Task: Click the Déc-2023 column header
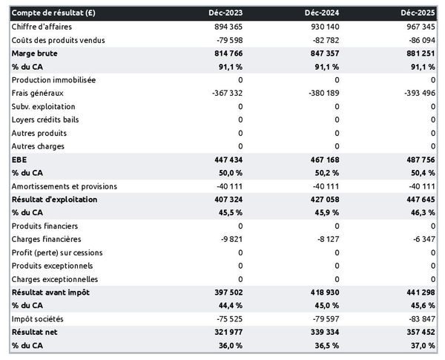226,13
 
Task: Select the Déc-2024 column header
323,13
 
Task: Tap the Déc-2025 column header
420,13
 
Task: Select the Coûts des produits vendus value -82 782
323,40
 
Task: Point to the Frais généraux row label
38,94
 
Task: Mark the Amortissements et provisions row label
64,186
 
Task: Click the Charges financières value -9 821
228,240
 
